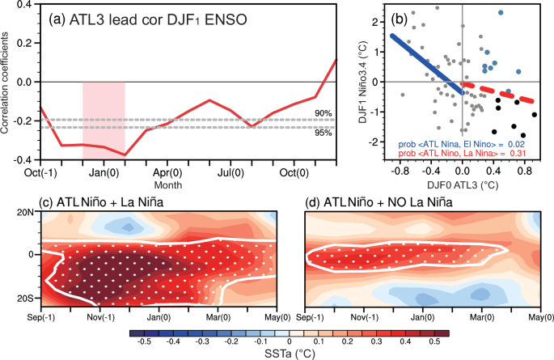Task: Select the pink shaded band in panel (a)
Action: tap(104, 121)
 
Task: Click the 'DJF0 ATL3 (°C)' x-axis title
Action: tap(463, 183)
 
